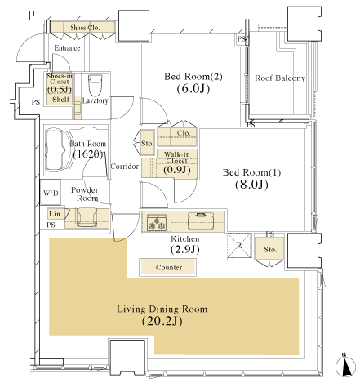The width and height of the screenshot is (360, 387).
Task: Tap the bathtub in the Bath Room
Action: (x=58, y=149)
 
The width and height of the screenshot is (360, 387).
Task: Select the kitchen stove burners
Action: (x=157, y=223)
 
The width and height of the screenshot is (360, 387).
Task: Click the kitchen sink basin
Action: (x=201, y=221)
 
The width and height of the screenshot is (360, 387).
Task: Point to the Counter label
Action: (x=169, y=267)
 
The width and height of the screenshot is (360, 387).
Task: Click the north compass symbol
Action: (x=345, y=366)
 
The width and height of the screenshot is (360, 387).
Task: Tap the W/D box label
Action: (x=51, y=193)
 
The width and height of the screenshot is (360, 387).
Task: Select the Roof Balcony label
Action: (x=280, y=78)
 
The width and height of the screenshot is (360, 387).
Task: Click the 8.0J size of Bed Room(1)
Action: (x=251, y=185)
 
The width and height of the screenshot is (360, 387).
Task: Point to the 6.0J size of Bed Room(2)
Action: (x=193, y=88)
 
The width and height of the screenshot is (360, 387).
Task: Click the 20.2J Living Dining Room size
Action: (x=162, y=321)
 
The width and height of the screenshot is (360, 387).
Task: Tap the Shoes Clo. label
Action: (x=85, y=28)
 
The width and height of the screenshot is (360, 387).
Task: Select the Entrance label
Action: (x=67, y=48)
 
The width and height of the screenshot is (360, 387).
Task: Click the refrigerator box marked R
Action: (x=239, y=246)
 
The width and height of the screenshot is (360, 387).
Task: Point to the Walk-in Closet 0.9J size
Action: (x=177, y=170)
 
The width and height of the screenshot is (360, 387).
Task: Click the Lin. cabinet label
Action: (x=56, y=214)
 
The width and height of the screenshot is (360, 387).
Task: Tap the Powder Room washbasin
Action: (x=87, y=217)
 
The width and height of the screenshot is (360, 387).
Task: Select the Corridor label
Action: (x=125, y=166)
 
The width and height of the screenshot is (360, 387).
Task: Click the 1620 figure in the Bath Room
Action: (x=88, y=154)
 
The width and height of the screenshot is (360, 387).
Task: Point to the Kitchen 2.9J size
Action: (x=185, y=249)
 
